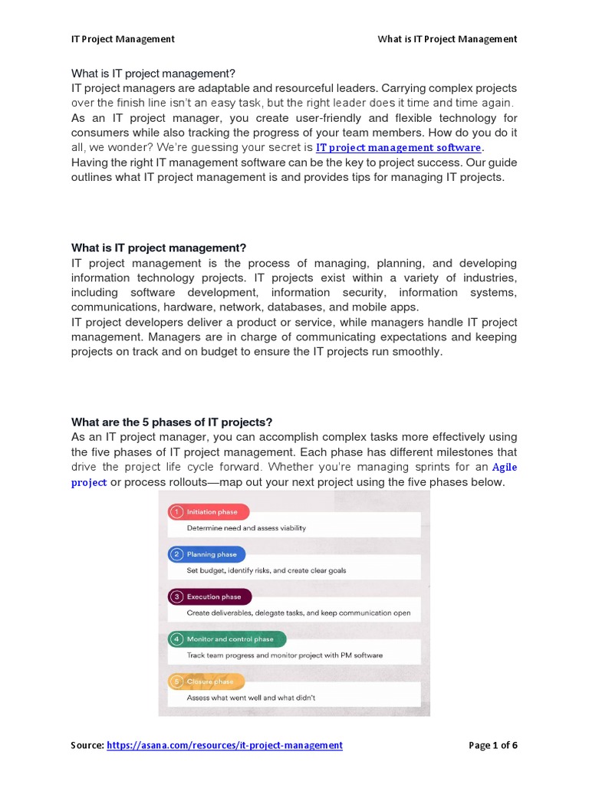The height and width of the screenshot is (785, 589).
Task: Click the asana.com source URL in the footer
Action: [225, 745]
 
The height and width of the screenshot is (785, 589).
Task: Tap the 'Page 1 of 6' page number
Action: [492, 745]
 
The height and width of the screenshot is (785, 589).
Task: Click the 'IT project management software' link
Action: [399, 148]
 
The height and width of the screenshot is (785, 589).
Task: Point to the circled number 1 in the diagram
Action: [176, 512]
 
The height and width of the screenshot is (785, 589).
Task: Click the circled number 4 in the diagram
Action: [176, 639]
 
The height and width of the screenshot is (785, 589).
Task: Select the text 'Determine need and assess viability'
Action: [246, 528]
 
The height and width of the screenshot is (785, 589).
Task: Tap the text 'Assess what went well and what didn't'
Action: [251, 698]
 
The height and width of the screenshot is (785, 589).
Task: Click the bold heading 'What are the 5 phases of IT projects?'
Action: [172, 422]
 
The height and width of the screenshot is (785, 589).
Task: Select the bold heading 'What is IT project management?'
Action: [159, 248]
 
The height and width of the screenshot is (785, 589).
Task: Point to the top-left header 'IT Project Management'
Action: [123, 39]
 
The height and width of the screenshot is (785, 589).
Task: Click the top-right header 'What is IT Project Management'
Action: [447, 39]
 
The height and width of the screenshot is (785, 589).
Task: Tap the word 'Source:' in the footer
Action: [87, 745]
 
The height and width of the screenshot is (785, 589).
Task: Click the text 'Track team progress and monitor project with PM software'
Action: [285, 655]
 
